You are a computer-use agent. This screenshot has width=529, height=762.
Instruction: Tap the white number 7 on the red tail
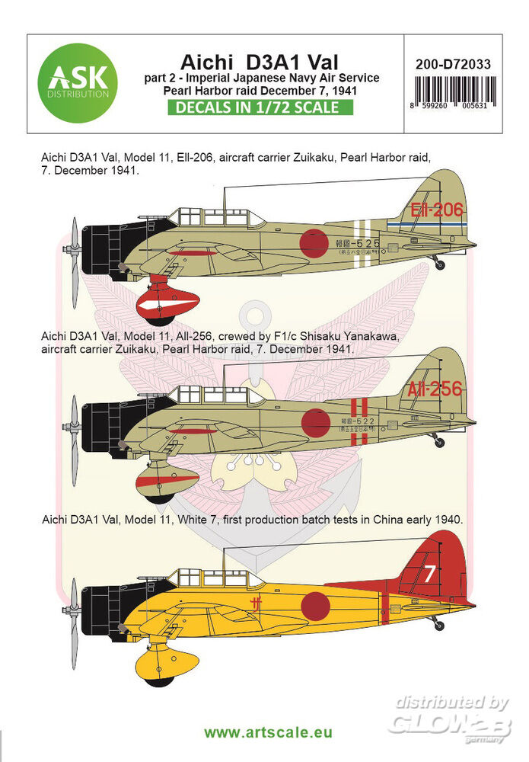[x=430, y=573]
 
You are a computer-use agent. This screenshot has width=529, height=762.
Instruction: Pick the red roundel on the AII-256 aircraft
[x=314, y=423]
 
